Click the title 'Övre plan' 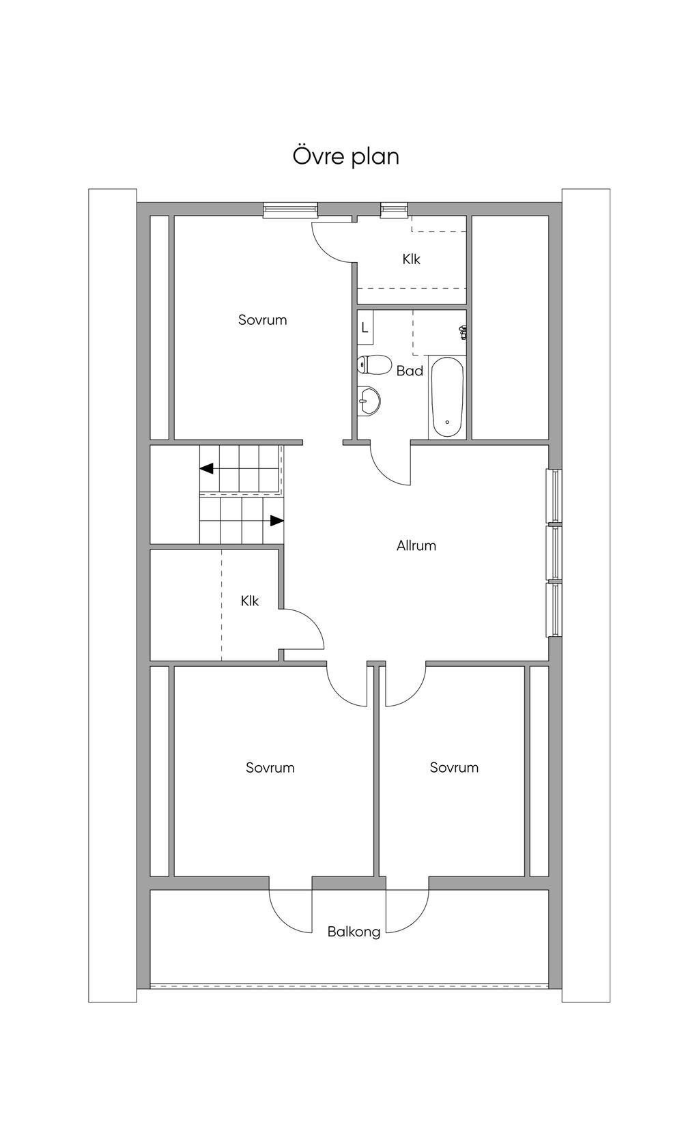tap(346, 156)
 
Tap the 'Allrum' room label tap(416, 545)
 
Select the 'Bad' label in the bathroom tap(410, 371)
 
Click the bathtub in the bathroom tap(447, 397)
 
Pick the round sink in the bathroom tap(369, 401)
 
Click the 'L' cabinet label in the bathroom tap(365, 328)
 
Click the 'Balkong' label tap(354, 932)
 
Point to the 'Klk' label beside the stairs tap(250, 601)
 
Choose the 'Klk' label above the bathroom tap(412, 259)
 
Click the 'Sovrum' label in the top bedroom tap(263, 319)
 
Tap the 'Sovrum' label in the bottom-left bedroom tap(270, 767)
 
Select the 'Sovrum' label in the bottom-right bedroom tap(455, 767)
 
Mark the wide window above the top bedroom tap(290, 210)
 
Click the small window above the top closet tap(394, 210)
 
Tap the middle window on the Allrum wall tap(554, 553)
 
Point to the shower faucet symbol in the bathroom tap(463, 332)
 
